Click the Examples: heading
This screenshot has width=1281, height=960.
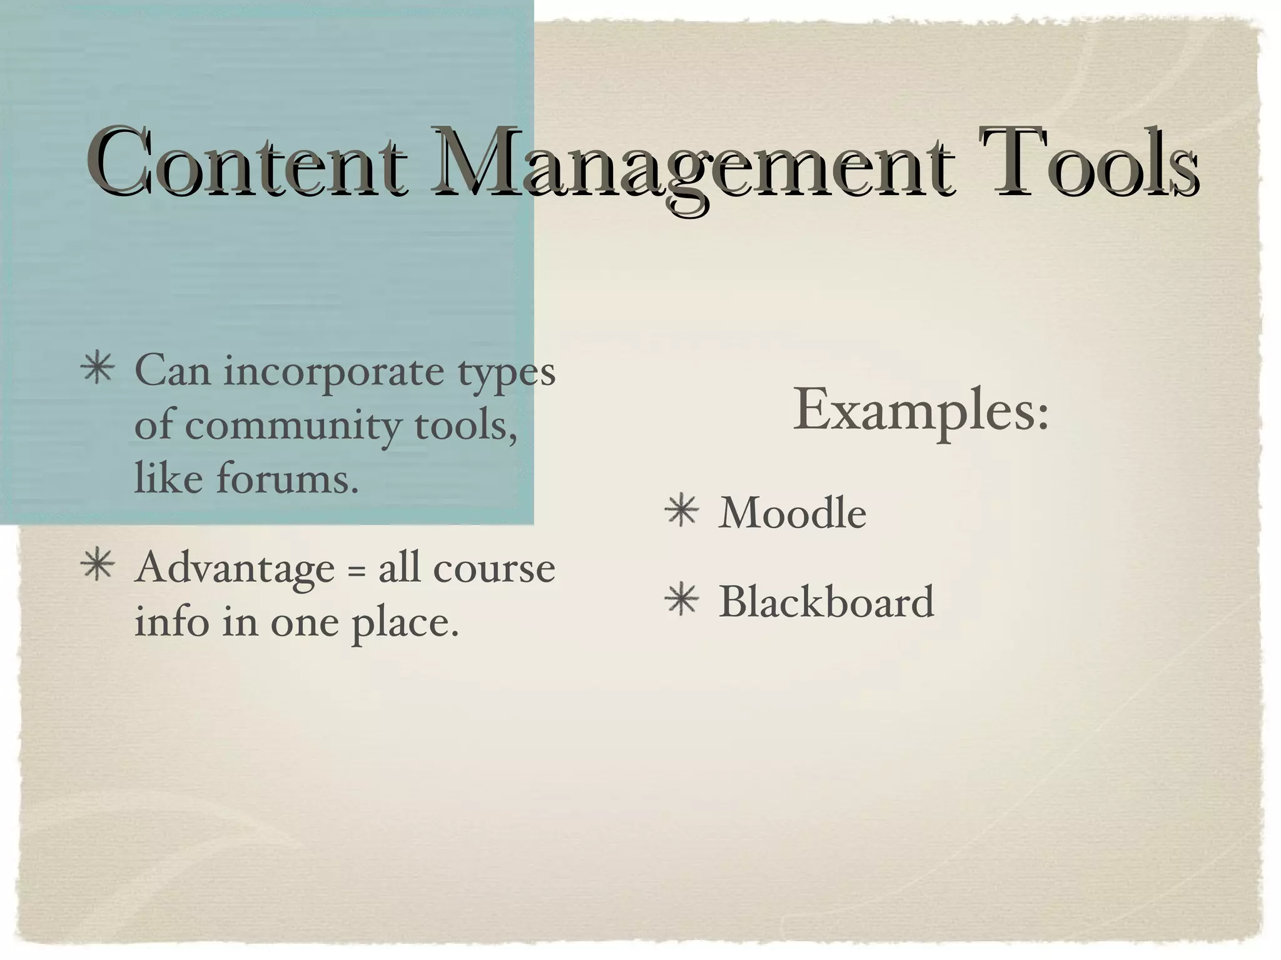coord(921,410)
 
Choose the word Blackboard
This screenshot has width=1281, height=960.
coord(826,602)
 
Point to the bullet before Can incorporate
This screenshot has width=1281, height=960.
coord(98,369)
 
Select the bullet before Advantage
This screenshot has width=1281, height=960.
coord(98,566)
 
